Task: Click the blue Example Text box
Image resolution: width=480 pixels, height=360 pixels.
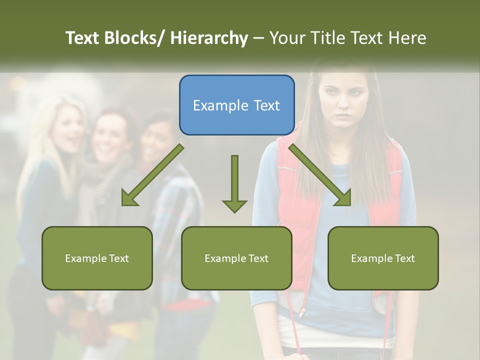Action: pyautogui.click(x=236, y=105)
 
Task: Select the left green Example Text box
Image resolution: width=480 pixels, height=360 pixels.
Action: pyautogui.click(x=97, y=258)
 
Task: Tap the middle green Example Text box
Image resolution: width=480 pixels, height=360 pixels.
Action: pyautogui.click(x=236, y=258)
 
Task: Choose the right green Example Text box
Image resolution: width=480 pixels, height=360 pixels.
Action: pyautogui.click(x=383, y=258)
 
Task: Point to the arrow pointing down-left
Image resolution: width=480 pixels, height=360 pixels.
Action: pyautogui.click(x=152, y=175)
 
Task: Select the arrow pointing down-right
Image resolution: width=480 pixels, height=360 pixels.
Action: pyautogui.click(x=320, y=175)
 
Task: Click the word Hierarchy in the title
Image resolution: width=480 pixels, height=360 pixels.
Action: pyautogui.click(x=209, y=38)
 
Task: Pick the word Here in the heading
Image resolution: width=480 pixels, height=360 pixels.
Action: pyautogui.click(x=408, y=38)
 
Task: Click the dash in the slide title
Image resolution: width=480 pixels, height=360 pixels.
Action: pyautogui.click(x=258, y=38)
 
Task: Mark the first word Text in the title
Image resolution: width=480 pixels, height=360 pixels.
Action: pyautogui.click(x=82, y=38)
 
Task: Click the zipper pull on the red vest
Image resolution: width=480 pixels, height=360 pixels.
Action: pyautogui.click(x=301, y=313)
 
